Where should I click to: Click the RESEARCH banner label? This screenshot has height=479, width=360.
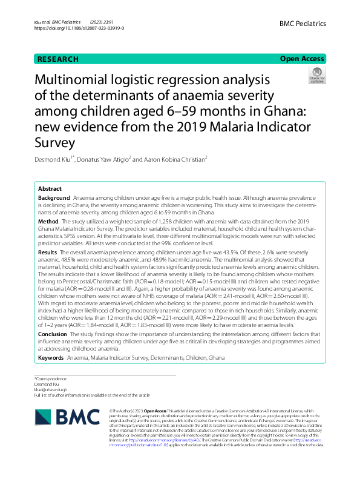(x=58, y=59)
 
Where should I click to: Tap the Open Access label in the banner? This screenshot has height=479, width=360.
(x=302, y=59)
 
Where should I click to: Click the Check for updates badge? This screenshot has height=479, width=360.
(x=316, y=77)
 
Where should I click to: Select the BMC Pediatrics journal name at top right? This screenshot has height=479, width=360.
(x=303, y=24)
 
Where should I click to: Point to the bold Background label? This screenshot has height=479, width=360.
(x=54, y=198)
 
